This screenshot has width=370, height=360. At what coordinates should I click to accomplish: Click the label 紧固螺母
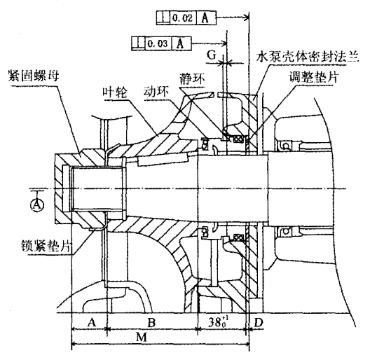tap(33, 76)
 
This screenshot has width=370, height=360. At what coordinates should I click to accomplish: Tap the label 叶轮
tap(115, 92)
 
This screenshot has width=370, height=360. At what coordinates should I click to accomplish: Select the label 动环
tap(156, 92)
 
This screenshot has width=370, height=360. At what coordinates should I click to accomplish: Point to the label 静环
tap(192, 78)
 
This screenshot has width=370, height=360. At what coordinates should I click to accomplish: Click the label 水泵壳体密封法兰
tap(308, 57)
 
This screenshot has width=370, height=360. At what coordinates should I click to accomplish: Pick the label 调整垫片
tap(314, 76)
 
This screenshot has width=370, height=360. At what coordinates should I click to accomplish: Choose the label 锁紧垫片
tap(46, 246)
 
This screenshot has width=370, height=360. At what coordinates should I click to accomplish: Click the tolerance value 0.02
tap(182, 18)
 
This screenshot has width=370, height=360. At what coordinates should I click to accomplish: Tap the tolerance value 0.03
tap(158, 43)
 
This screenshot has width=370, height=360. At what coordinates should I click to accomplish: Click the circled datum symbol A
tap(37, 205)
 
